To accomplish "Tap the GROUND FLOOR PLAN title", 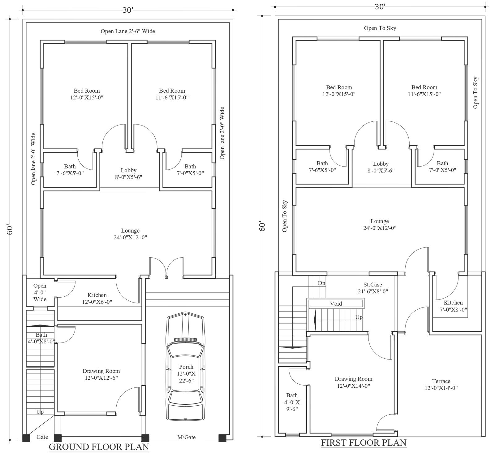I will [x=99, y=447].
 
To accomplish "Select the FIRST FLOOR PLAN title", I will [x=364, y=443].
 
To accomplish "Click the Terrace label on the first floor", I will [x=441, y=384].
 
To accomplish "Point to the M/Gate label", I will [x=187, y=437].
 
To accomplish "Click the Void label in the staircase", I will [x=336, y=304].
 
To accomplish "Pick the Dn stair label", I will [x=321, y=283].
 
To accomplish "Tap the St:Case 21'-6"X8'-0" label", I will [x=372, y=288].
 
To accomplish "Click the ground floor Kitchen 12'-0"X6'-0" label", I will [x=97, y=298].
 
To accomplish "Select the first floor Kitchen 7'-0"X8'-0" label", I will [x=453, y=306].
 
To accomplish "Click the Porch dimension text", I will [x=186, y=373].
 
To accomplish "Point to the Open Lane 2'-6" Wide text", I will [x=128, y=31].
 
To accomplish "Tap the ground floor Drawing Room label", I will [x=101, y=374].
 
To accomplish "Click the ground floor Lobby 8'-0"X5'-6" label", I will [x=128, y=173].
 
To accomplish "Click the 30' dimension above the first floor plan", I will [x=380, y=7].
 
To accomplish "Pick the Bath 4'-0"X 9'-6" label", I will [x=292, y=405].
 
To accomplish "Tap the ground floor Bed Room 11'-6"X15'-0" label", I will [x=172, y=94].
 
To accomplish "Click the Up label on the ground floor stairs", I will [x=40, y=412].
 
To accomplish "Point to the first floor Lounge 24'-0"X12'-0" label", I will [x=380, y=225].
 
